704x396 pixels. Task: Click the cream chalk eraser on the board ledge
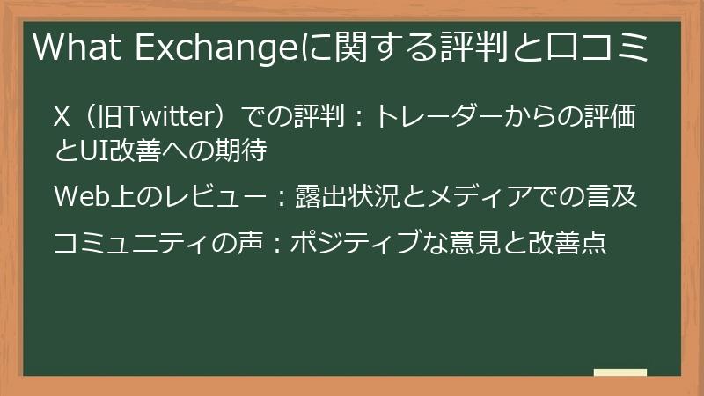pyautogui.click(x=620, y=371)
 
